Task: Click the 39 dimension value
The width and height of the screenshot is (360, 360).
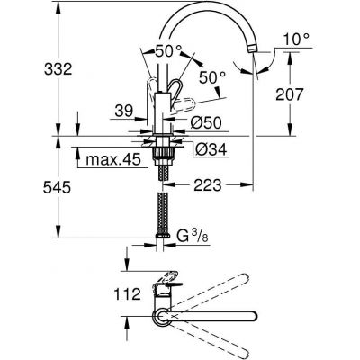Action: tap(123, 111)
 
